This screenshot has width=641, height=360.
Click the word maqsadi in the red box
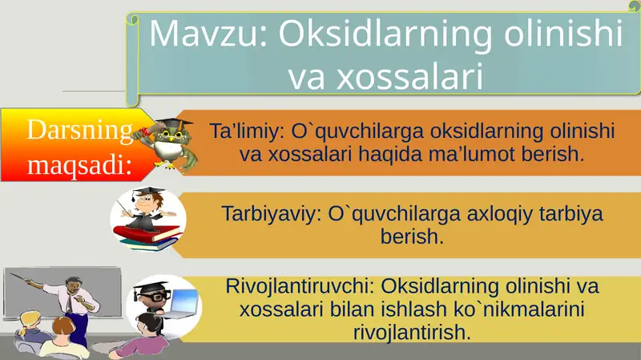point(77,165)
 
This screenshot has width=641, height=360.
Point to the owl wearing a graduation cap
point(170,144)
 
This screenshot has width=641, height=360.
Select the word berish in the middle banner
point(412,237)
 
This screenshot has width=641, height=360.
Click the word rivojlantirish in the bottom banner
point(411,331)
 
